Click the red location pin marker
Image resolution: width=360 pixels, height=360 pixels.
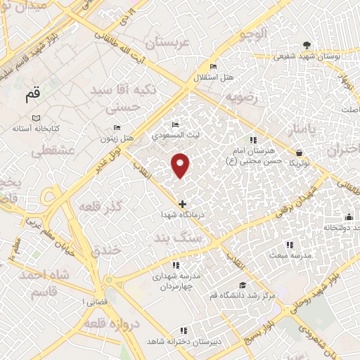[181, 165]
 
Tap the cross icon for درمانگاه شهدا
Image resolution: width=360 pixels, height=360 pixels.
[183, 204]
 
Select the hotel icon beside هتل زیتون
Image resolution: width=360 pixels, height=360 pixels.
[117, 128]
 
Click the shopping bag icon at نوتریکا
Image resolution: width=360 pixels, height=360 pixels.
[300, 152]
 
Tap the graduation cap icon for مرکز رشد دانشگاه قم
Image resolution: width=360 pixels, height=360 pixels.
[243, 285]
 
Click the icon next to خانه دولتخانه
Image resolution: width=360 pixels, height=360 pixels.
[349, 217]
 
